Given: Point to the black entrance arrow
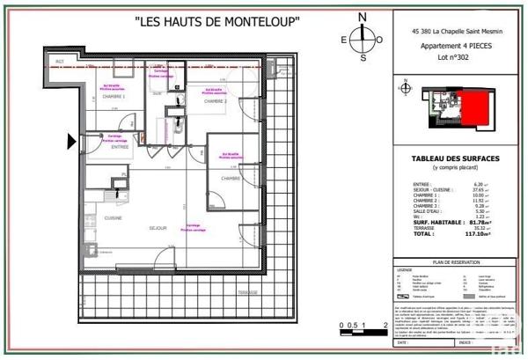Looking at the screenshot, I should (73, 139).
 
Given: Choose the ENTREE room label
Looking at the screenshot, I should (120, 147).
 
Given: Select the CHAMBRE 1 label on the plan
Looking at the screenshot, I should (111, 97).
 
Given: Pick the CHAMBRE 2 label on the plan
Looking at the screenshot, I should (216, 102).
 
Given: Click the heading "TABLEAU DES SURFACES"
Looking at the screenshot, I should (456, 158).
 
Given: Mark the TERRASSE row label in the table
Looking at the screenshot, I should (425, 229).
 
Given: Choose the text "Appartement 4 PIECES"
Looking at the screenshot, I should (455, 43).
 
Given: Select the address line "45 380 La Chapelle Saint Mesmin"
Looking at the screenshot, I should (455, 30).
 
